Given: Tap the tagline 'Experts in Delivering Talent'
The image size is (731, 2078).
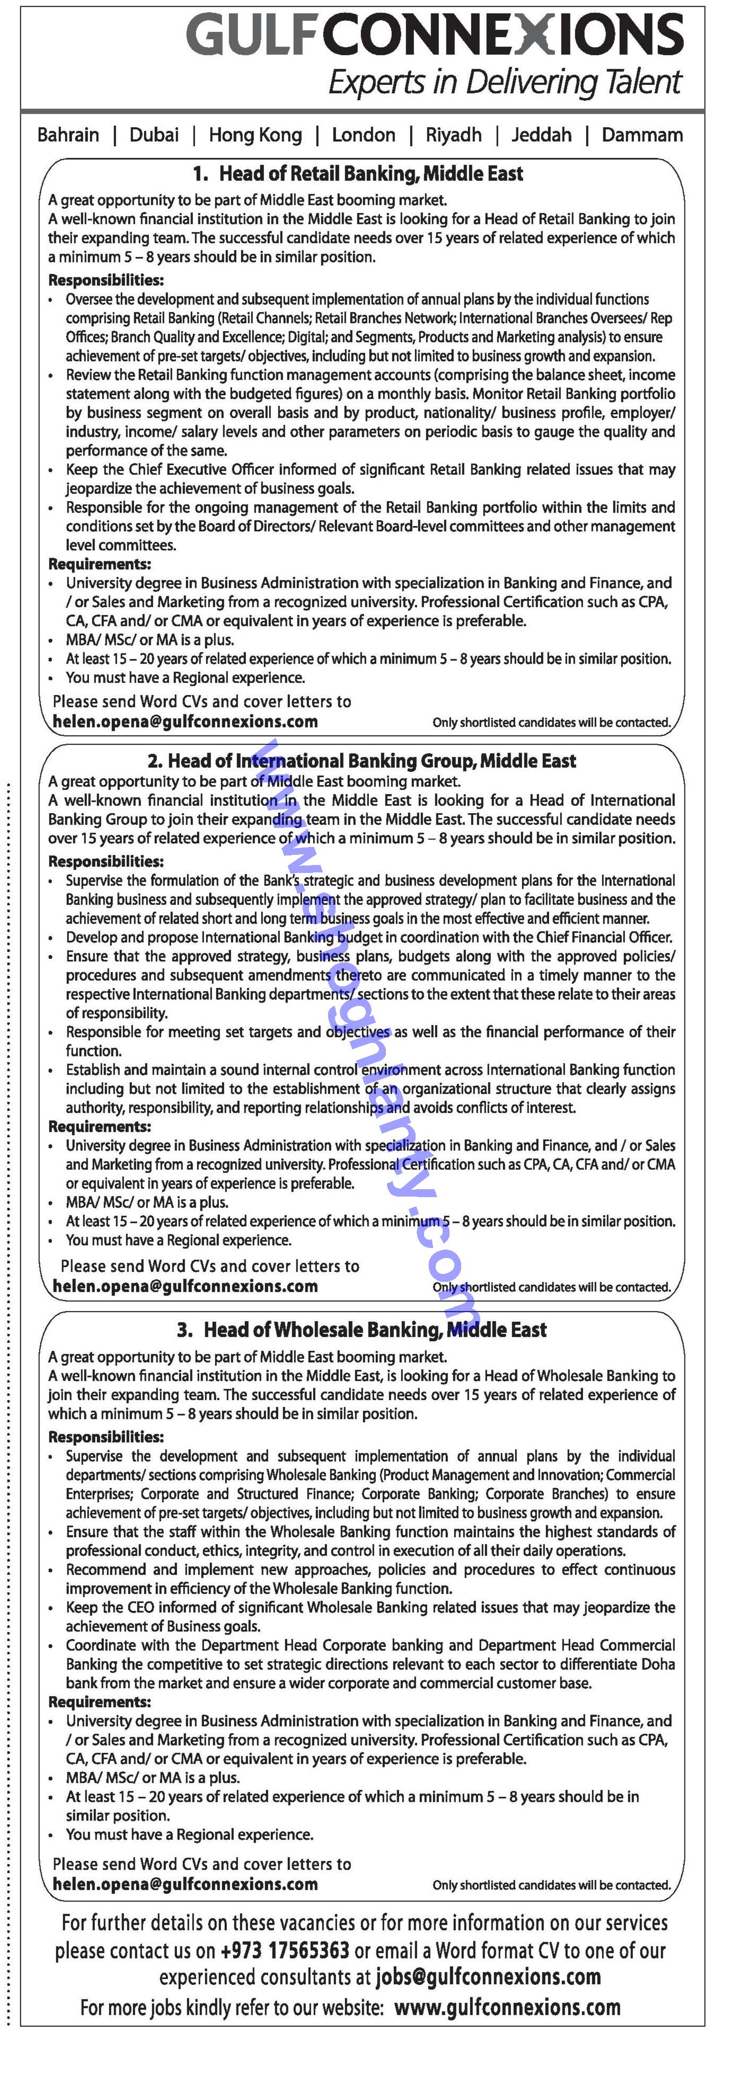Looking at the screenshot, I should [x=504, y=82].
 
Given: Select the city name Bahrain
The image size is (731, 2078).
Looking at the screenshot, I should [x=68, y=135].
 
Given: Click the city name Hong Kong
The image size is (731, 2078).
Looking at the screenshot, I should [x=255, y=135].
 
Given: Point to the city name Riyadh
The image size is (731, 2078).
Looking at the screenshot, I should [x=453, y=135].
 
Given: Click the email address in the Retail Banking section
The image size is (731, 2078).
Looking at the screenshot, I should [x=185, y=722].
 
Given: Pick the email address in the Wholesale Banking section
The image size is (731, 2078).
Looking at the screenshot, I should [x=185, y=1885].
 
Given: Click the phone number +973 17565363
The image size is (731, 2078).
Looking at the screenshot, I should [x=285, y=1951].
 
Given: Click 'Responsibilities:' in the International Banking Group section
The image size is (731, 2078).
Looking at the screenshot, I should [x=105, y=861].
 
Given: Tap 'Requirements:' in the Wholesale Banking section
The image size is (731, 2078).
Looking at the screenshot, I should [x=99, y=1702].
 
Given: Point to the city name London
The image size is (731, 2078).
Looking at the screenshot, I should [x=363, y=135].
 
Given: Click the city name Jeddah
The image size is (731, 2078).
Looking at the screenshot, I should [x=541, y=135].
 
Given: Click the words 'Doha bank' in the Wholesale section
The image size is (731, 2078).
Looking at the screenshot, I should [x=646, y=1664].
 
